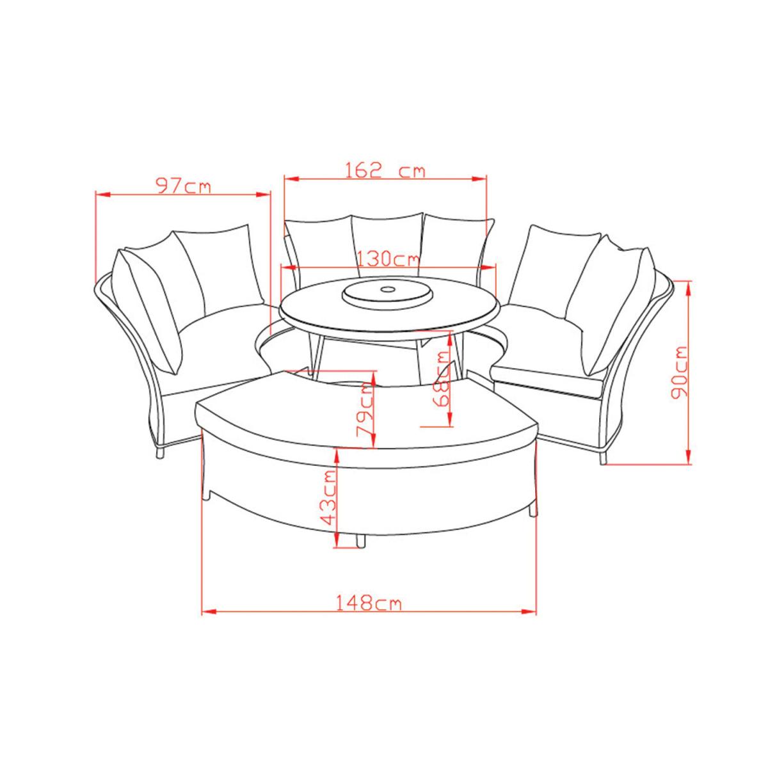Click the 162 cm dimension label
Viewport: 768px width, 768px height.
385,171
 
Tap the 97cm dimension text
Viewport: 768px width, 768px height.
183,186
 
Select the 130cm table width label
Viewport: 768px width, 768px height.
387,259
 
